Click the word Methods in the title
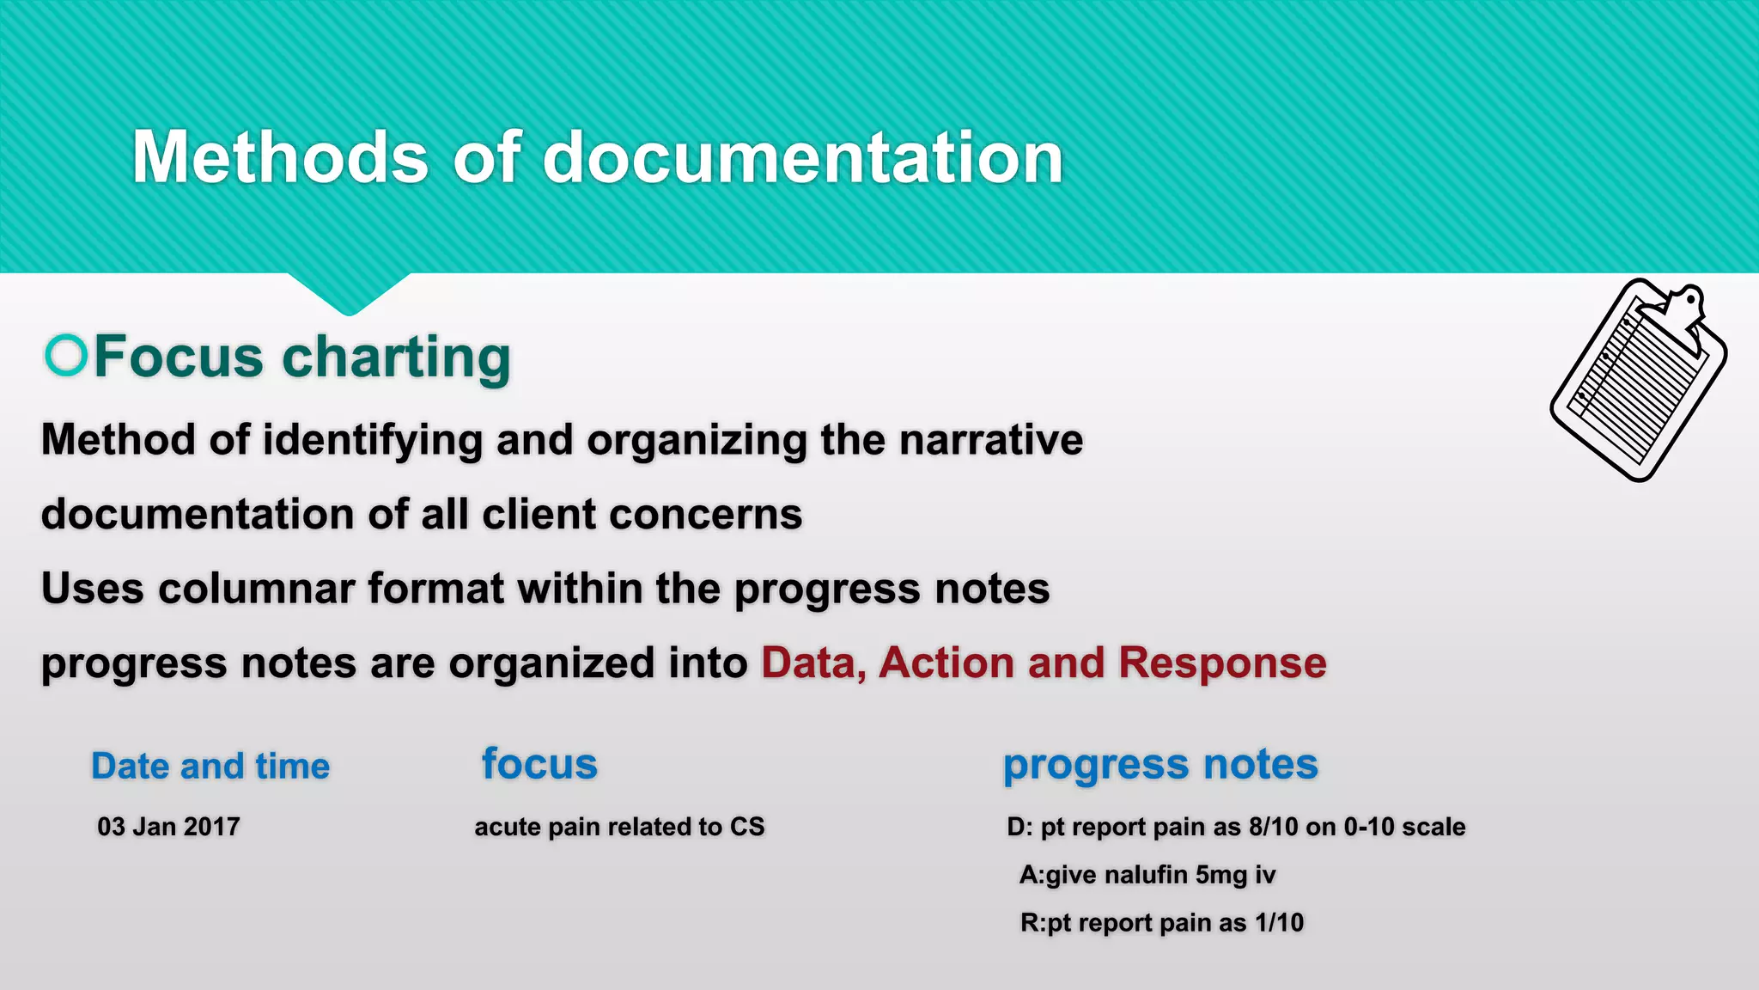coord(280,157)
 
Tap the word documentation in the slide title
coord(803,157)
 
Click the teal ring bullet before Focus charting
coord(66,355)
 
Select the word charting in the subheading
coord(396,357)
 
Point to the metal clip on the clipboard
coord(1683,309)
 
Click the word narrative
coord(991,440)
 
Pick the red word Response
coord(1222,663)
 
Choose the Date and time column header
coord(210,766)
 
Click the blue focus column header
coord(539,764)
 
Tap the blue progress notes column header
coord(1160,764)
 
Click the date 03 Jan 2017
coord(168,827)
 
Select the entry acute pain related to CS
coord(619,827)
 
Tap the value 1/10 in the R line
coord(1279,923)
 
